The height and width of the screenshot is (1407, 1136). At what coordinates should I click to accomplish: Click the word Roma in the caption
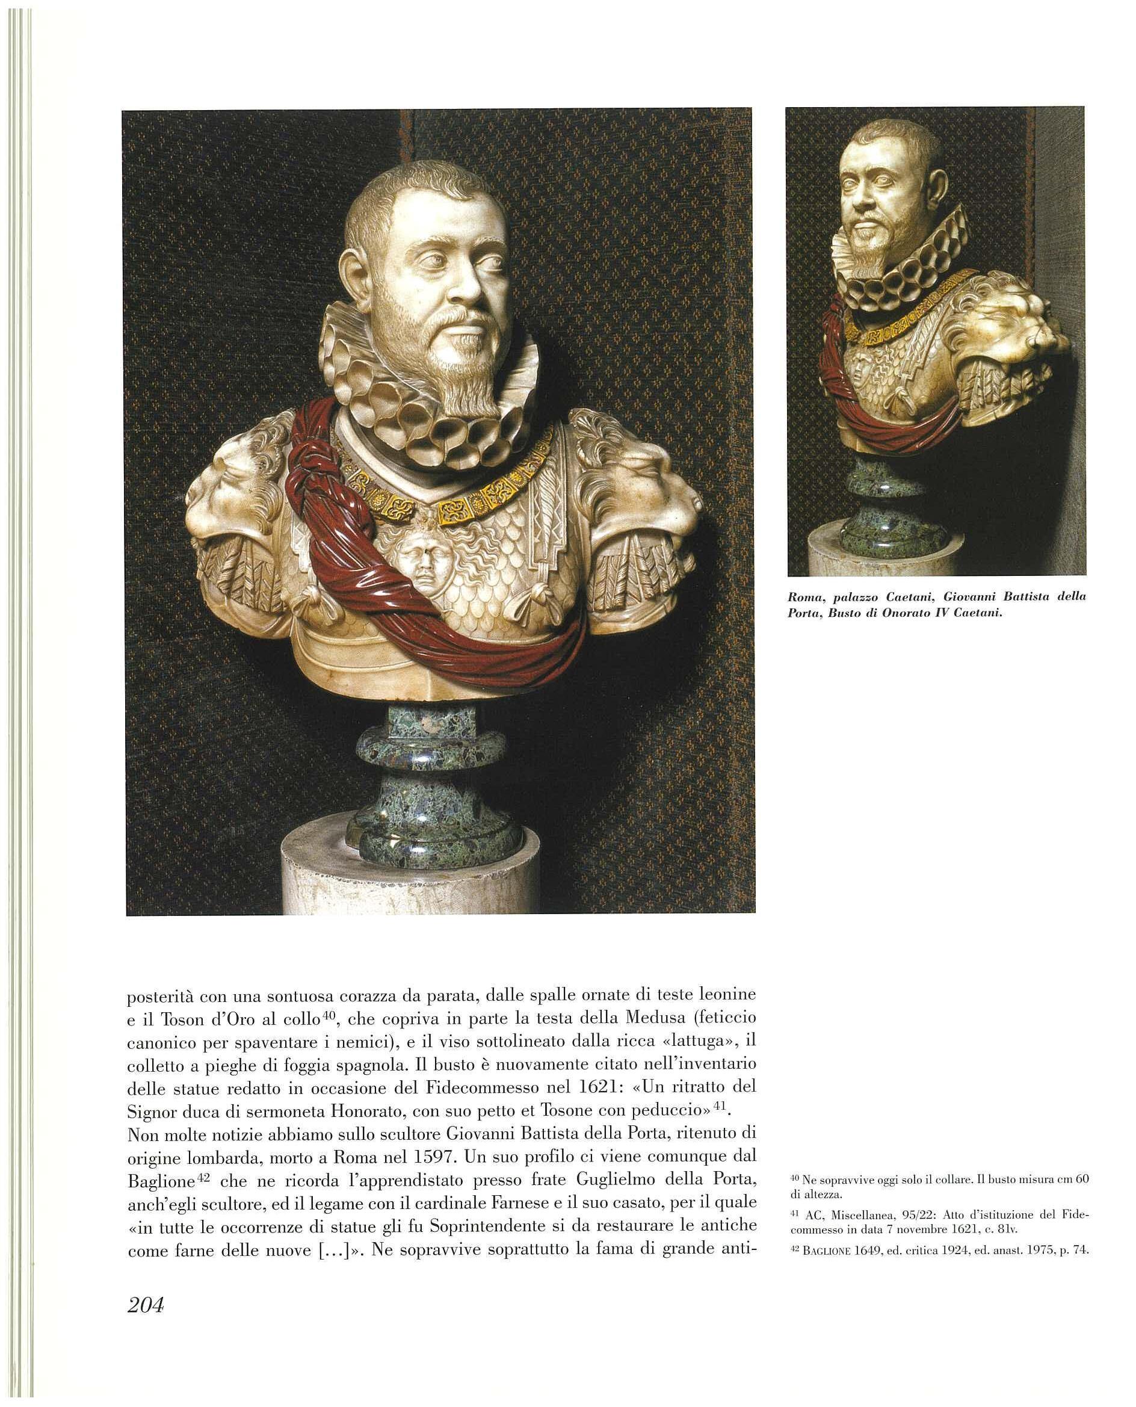[803, 597]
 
